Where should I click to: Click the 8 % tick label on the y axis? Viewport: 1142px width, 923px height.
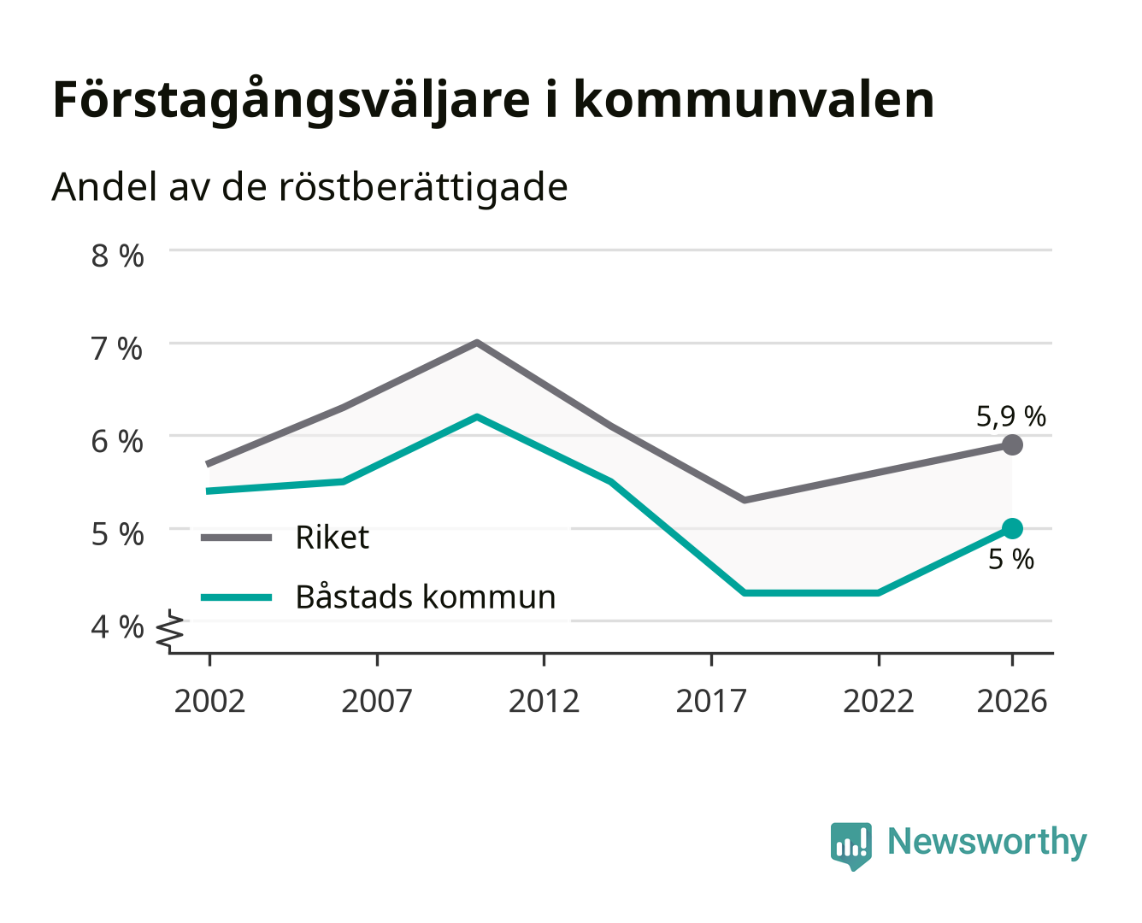[117, 256]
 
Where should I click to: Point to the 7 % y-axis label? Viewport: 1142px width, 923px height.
[117, 349]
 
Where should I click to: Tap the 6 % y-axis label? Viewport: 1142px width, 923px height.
[117, 442]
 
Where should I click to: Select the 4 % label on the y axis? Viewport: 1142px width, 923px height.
[117, 626]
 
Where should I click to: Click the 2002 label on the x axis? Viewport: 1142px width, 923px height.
[209, 701]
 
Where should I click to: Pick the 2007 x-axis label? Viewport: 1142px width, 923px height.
[377, 701]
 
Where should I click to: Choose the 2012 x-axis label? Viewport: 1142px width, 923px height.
[545, 701]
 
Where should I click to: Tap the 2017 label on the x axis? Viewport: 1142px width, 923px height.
[711, 701]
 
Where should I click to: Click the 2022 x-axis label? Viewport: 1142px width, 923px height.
[878, 701]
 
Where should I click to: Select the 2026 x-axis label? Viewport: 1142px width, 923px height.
[1012, 701]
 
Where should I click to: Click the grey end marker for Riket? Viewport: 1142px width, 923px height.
[1012, 444]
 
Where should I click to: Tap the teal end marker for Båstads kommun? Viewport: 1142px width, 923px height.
[1012, 528]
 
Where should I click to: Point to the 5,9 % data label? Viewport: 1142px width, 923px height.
[1010, 416]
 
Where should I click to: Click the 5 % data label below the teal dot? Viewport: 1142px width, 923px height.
[1011, 559]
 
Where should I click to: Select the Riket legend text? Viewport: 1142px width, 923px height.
[332, 537]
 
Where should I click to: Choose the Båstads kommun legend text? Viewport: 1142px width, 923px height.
[426, 596]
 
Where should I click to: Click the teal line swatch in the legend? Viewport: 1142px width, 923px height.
[237, 597]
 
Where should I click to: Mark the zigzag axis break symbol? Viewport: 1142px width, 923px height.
[170, 631]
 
